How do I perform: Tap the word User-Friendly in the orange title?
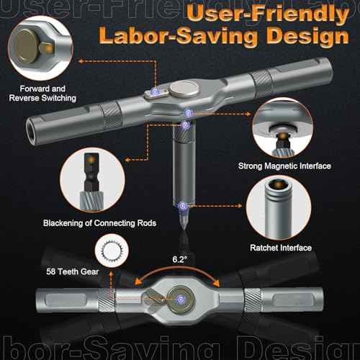(268, 13)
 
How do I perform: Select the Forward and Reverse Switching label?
(42, 94)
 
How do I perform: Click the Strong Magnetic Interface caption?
(284, 166)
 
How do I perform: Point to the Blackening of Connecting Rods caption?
(99, 223)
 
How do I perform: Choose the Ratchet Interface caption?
(281, 248)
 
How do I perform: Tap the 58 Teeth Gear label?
(73, 271)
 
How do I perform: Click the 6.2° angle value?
(179, 259)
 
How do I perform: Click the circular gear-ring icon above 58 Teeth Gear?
(112, 251)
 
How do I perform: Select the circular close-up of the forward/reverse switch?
(40, 48)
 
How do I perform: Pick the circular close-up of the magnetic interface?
(283, 127)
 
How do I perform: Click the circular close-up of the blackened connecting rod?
(92, 180)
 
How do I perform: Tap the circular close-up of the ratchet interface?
(279, 207)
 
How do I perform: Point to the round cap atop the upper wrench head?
(184, 89)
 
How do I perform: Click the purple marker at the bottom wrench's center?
(181, 300)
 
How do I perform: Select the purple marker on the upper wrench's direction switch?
(155, 91)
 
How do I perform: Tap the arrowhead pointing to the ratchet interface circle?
(239, 206)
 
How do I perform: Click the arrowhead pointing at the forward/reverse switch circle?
(81, 61)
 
